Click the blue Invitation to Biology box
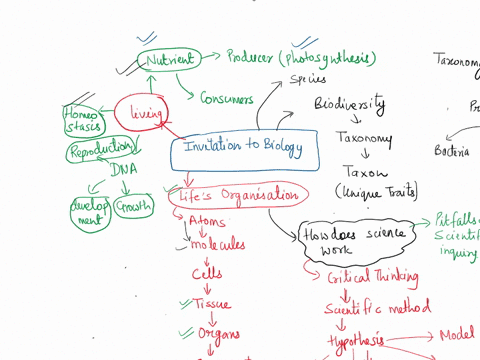point(246,149)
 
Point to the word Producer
point(250,57)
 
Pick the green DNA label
point(123,170)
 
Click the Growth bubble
point(135,207)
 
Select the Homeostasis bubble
point(81,117)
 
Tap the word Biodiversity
point(350,104)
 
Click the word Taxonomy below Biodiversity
point(364,139)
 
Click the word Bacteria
point(452,152)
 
